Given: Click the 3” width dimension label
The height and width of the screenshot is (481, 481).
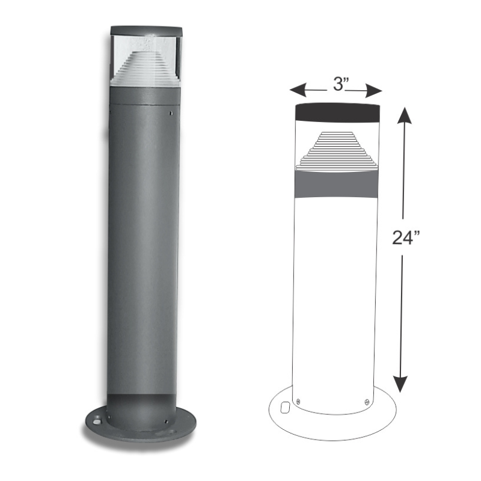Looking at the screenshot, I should pyautogui.click(x=341, y=84).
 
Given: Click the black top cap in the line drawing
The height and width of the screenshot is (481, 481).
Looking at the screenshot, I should pyautogui.click(x=337, y=112).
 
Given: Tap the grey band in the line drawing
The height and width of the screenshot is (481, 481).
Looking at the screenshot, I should pyautogui.click(x=337, y=185).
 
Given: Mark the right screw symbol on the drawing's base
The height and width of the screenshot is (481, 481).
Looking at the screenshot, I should pyautogui.click(x=366, y=401).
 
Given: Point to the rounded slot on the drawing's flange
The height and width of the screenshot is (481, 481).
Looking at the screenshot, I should pyautogui.click(x=285, y=408).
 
